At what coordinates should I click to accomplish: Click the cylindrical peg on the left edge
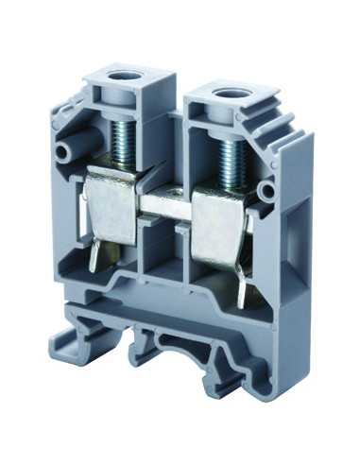pyautogui.click(x=66, y=148)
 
